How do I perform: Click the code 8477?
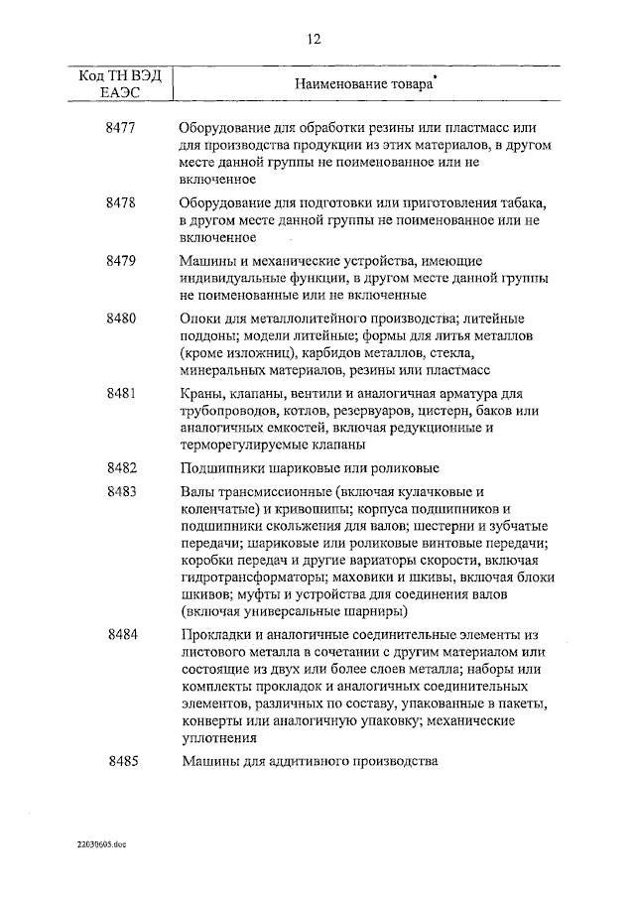click(122, 129)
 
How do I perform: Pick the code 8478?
click(122, 202)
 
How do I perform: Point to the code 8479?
click(122, 260)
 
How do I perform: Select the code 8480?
click(122, 319)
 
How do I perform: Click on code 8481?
click(122, 393)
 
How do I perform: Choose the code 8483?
click(122, 491)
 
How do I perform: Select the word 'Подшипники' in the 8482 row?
click(224, 468)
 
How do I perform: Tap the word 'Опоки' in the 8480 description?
click(202, 320)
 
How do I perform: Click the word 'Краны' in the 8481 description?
click(203, 394)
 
